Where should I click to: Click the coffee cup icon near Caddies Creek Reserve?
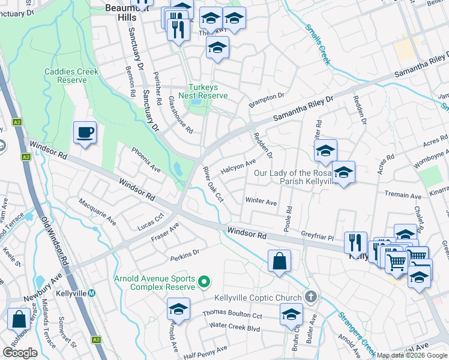pyautogui.click(x=85, y=132)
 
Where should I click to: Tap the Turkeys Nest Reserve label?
pyautogui.click(x=207, y=91)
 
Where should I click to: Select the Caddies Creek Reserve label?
pyautogui.click(x=71, y=76)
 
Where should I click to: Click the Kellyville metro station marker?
pyautogui.click(x=91, y=293)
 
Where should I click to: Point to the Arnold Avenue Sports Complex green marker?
pyautogui.click(x=204, y=281)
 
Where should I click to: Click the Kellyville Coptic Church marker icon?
pyautogui.click(x=310, y=296)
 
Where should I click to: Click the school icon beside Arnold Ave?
pyautogui.click(x=178, y=309)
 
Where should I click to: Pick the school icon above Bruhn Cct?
pyautogui.click(x=291, y=314)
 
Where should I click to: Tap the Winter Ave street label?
pyautogui.click(x=261, y=202)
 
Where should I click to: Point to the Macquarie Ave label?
pyautogui.click(x=98, y=211)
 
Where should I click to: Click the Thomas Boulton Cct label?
pyautogui.click(x=232, y=314)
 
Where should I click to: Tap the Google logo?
pyautogui.click(x=20, y=353)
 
